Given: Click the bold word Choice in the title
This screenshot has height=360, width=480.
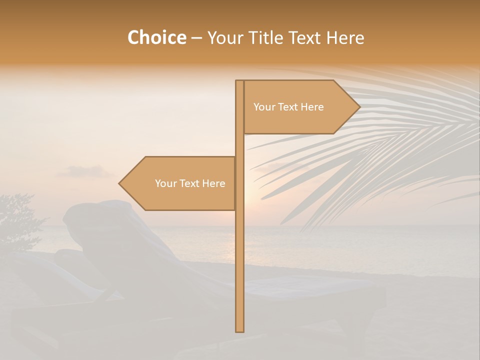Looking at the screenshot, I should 156,38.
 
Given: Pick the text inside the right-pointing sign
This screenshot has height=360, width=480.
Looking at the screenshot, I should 288,107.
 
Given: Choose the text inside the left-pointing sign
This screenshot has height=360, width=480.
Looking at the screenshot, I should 190,183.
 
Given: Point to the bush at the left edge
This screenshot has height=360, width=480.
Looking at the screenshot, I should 17,220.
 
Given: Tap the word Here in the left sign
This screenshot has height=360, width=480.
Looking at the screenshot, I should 213,183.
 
